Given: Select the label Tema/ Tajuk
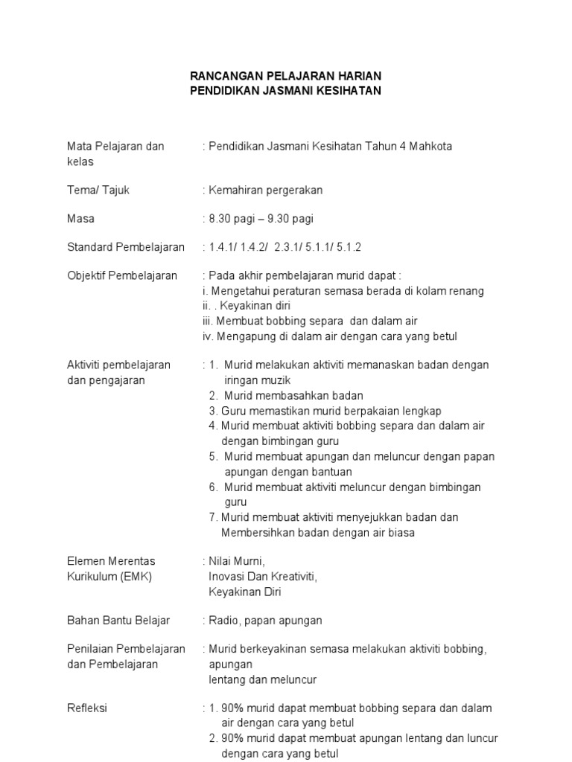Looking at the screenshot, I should pos(98,190).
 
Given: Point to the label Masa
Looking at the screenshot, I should pos(80,220).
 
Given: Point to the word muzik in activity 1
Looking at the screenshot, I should pos(275,380).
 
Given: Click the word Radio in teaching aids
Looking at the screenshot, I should pos(224,621).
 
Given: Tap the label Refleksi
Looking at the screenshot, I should pos(87,708).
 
